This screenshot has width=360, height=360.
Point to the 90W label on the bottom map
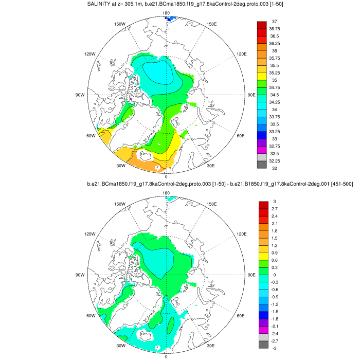pos(80,275)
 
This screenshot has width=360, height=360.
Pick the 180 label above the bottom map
pos(166,193)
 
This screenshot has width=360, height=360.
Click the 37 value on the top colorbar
pos(275,21)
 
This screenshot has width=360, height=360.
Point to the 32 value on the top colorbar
pos(275,169)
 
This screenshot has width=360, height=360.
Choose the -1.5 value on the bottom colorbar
pos(276,312)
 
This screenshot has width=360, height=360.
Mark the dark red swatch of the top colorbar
pos(261,25)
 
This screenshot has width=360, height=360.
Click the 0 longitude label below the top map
pos(166,176)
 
